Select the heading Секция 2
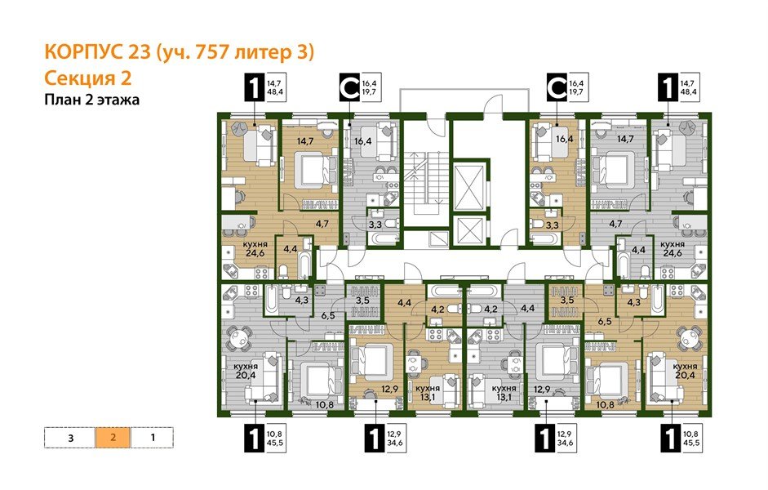87,78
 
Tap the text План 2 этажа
91,100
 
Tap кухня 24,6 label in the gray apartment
672,248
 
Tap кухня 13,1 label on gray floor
504,393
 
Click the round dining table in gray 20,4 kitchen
241,336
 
